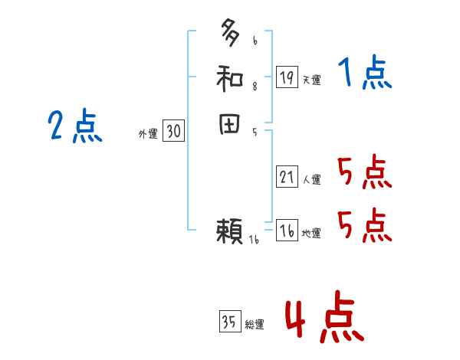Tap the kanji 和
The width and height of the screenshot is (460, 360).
(231, 78)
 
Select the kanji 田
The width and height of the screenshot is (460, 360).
(231, 125)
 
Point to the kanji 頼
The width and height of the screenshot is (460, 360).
(230, 231)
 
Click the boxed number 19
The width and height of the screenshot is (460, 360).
(287, 77)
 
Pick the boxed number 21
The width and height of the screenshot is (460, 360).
(287, 178)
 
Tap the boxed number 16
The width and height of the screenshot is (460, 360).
(287, 231)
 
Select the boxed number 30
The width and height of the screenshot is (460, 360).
(173, 132)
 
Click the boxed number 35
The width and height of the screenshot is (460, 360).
(229, 322)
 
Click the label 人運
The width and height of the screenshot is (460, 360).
(311, 181)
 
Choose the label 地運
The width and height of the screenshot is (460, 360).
(311, 234)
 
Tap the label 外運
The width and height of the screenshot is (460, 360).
(148, 134)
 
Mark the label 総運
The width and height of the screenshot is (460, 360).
(255, 325)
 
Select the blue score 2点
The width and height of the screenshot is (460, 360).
(75, 125)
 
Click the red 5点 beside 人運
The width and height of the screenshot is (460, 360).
(364, 173)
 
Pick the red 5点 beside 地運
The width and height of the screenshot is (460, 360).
(364, 225)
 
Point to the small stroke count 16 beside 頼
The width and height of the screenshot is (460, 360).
(255, 241)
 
